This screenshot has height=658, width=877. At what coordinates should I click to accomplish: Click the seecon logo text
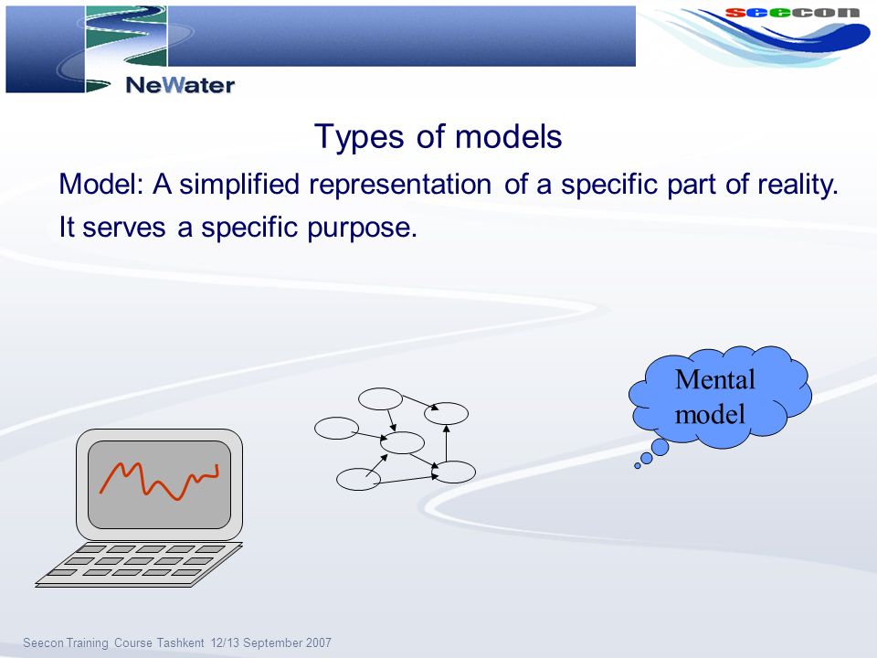792,12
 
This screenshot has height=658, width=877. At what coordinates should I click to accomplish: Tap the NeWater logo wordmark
180,85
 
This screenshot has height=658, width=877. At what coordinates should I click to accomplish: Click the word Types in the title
358,137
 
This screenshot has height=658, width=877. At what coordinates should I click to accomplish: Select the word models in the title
509,136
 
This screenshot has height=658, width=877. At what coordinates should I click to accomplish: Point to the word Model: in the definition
101,184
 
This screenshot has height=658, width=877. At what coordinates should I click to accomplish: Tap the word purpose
362,228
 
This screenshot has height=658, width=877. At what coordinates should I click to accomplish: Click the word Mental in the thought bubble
714,379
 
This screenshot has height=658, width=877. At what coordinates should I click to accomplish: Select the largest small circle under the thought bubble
660,447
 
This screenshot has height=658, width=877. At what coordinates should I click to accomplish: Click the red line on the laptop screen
159,480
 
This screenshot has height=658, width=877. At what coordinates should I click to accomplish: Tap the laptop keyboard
139,564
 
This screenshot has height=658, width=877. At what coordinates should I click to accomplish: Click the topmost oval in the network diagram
380,399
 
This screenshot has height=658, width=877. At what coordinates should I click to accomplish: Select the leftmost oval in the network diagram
336,428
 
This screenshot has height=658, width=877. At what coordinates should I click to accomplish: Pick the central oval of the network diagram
402,442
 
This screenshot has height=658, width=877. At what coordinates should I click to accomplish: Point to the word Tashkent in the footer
180,642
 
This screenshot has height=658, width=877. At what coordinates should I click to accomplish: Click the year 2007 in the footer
318,642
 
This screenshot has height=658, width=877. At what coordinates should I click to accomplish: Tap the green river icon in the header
126,36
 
